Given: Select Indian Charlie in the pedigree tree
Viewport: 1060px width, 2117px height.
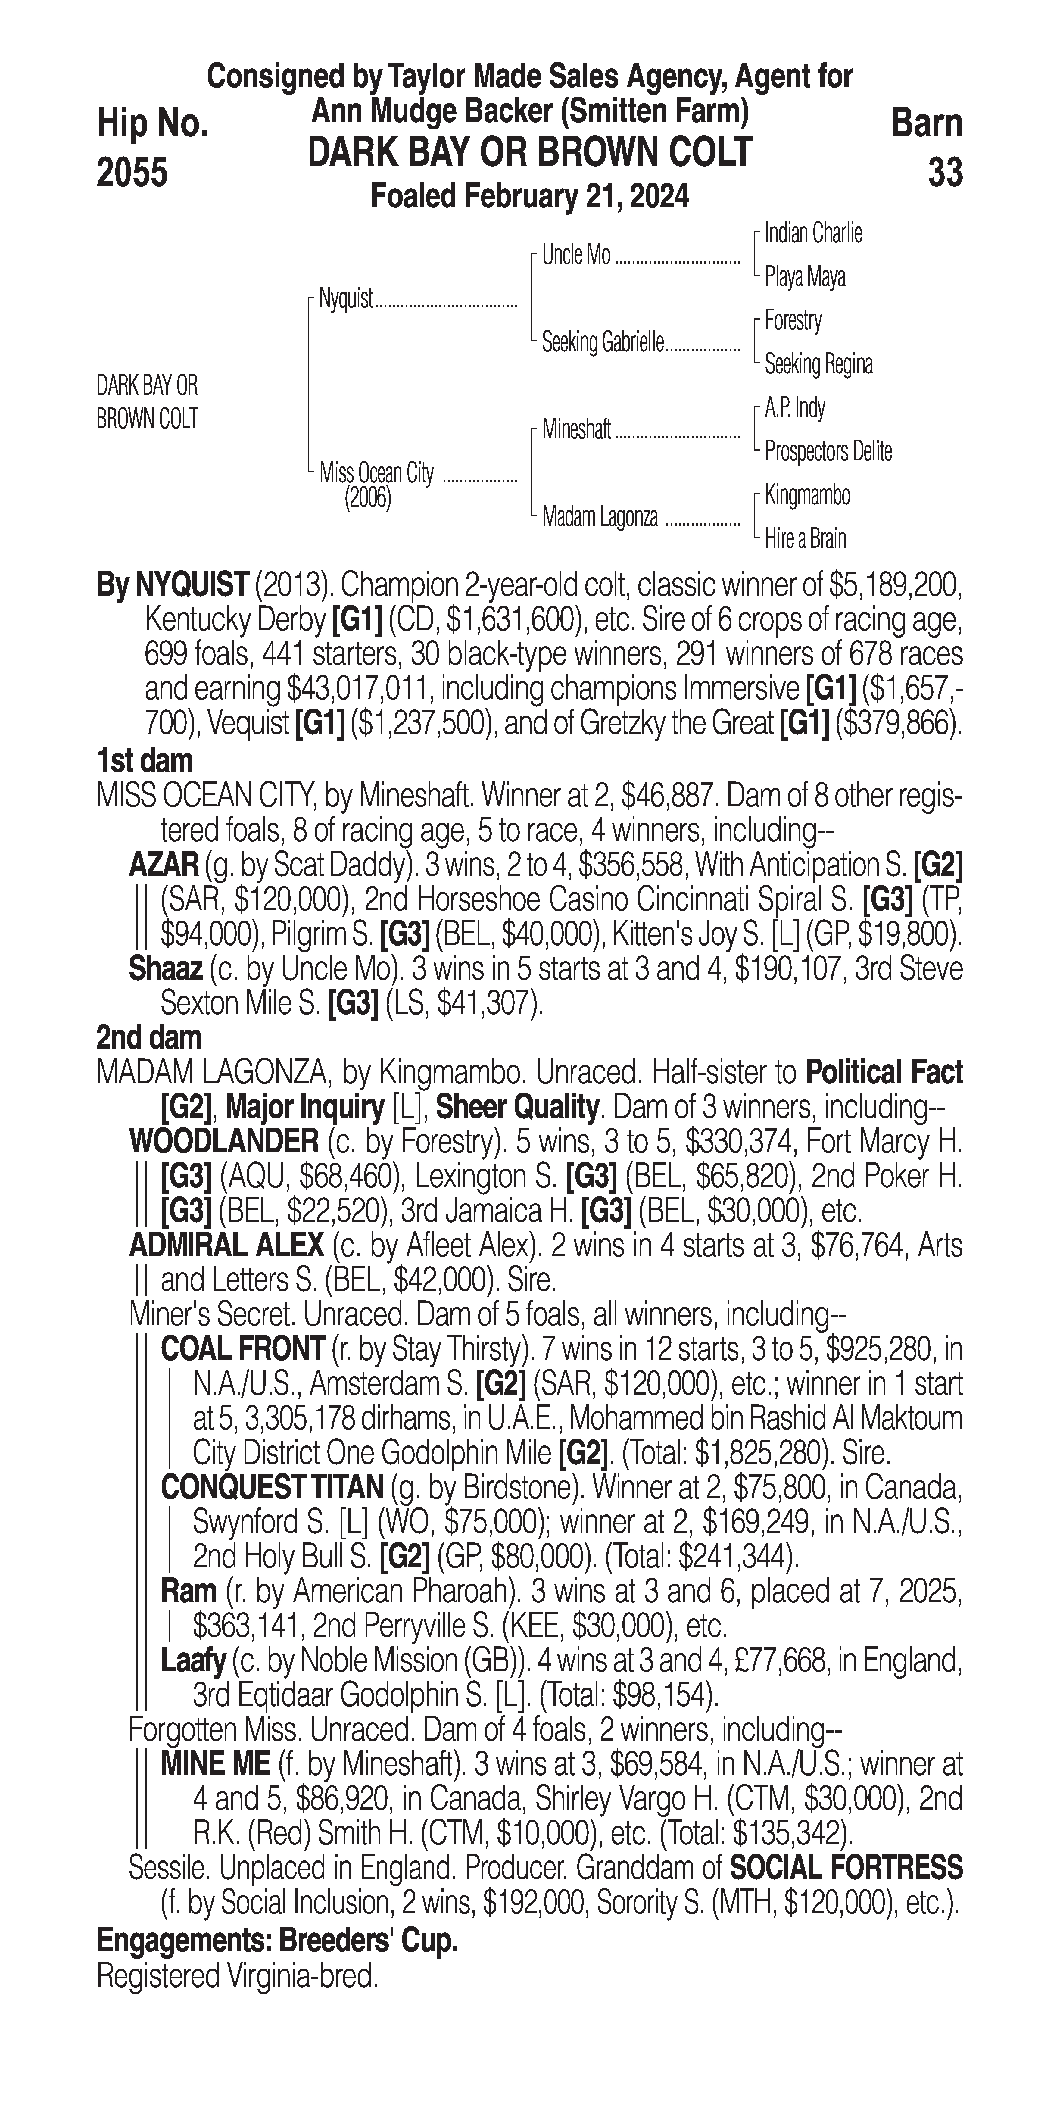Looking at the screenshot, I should click(x=813, y=233).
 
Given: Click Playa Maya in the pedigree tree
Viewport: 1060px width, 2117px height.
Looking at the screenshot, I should click(x=804, y=277).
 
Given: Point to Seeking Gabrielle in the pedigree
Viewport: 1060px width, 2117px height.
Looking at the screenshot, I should click(x=602, y=343).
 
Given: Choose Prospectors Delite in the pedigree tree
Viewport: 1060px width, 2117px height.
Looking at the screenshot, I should click(x=828, y=451).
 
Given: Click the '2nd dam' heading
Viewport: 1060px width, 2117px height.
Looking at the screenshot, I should click(x=149, y=1038).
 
